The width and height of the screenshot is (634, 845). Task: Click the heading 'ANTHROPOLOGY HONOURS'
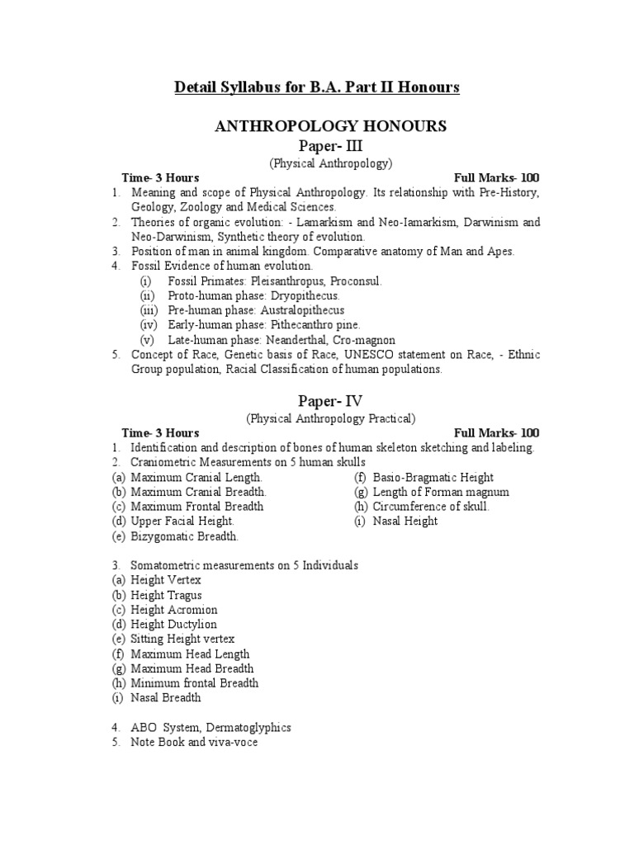coord(331,125)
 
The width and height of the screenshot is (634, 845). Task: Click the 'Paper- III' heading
coord(331,146)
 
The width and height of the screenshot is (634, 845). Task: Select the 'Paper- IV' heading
coord(331,401)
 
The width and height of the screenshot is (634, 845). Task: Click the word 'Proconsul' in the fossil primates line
coord(353,281)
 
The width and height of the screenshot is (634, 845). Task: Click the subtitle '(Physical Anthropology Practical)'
coord(331,418)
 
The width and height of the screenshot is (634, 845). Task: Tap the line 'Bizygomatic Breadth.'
coord(184,536)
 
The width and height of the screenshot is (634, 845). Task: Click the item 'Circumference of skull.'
coord(431,507)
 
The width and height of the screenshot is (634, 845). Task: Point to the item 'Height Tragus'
coord(166,595)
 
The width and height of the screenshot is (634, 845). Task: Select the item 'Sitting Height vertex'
coord(182,639)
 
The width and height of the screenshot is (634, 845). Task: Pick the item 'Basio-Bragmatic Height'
coord(433,477)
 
